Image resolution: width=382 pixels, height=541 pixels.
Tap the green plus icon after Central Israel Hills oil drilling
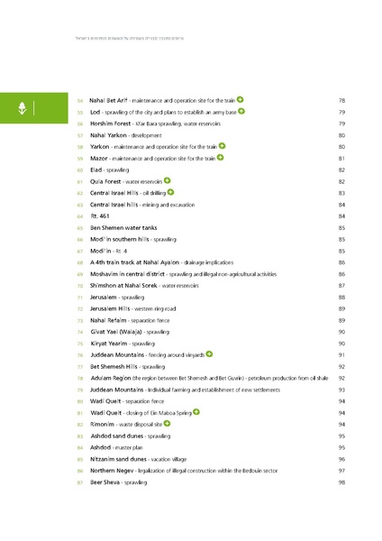(170, 192)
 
